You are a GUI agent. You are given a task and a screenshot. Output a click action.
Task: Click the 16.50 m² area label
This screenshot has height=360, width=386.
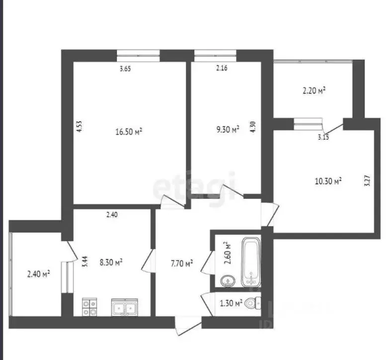point(129,132)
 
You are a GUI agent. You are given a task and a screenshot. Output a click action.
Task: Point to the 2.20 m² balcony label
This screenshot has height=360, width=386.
point(314,90)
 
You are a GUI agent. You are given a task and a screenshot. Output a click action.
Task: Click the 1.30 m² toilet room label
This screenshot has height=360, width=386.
point(231,302)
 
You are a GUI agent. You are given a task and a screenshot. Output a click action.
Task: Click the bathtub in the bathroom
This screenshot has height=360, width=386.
point(251,263)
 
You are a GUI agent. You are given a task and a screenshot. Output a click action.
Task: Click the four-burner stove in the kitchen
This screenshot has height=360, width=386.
point(89,307)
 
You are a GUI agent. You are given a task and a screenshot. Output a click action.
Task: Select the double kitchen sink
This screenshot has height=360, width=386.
point(125,308)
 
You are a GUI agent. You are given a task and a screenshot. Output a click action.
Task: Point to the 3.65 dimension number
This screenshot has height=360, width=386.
point(125,69)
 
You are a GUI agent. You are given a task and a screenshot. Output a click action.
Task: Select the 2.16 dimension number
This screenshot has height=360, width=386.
point(222,69)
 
